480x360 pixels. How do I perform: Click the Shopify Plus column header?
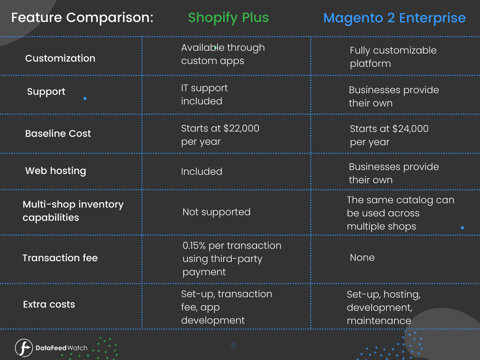pos(228,18)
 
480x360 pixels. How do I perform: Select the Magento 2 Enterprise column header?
pos(394,18)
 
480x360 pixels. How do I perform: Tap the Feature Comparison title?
pos(82,18)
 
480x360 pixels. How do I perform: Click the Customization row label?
pos(60,58)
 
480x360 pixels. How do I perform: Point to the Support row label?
pos(46,92)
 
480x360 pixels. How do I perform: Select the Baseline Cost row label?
pos(58,134)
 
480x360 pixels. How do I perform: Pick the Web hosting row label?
pos(56,171)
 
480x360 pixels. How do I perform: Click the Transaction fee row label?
pos(60,258)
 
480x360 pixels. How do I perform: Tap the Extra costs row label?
pos(49,304)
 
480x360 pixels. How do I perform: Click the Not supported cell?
pos(216,212)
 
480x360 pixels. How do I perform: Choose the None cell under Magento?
pos(362,258)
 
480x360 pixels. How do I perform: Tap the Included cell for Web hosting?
pos(202,172)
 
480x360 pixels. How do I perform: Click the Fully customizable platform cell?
pos(393,57)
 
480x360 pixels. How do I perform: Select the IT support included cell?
pos(204,94)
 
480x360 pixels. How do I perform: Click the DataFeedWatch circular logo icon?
pos(24,348)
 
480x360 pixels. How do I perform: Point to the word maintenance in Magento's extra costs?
pos(378,320)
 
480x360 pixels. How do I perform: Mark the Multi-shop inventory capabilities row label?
pos(73,211)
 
